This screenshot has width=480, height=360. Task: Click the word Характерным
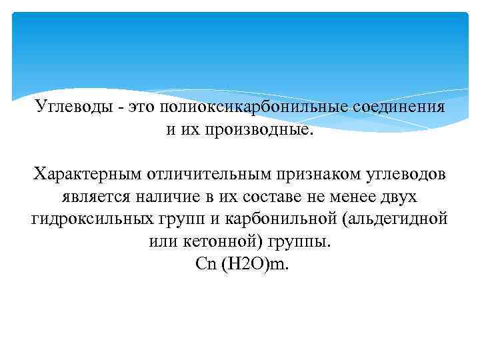tap(82, 174)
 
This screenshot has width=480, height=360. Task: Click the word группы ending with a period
tap(299, 241)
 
